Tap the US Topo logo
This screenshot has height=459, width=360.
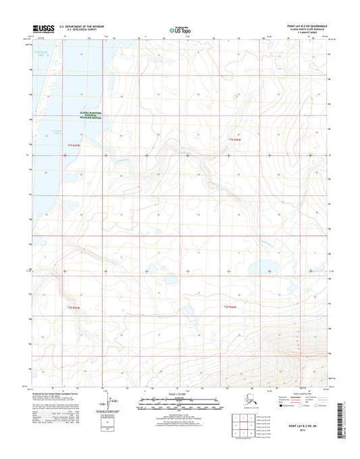point(179,30)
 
